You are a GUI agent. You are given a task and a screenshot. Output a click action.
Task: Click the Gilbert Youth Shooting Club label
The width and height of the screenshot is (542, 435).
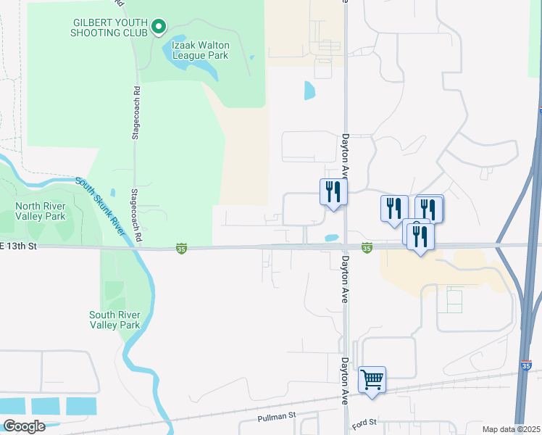click(109, 28)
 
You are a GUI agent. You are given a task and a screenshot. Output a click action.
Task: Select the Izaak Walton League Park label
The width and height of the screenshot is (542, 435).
click(199, 50)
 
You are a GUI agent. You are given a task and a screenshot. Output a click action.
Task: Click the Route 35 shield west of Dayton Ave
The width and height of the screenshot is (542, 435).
click(181, 249)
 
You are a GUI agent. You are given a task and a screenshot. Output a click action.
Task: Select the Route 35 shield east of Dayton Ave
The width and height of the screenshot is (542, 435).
click(367, 248)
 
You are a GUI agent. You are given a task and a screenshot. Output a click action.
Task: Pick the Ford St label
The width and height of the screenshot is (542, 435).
click(364, 422)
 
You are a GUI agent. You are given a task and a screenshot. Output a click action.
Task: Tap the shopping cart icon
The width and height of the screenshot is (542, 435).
click(372, 379)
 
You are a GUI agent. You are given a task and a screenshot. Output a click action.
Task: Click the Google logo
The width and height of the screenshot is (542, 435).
click(24, 426)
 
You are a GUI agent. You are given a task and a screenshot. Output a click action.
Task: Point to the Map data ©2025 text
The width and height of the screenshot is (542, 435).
click(511, 429)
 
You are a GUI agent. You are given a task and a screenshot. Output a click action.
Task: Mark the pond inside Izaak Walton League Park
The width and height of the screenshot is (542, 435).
click(192, 69)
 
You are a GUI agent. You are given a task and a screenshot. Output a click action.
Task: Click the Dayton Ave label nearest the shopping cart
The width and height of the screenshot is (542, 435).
click(345, 379)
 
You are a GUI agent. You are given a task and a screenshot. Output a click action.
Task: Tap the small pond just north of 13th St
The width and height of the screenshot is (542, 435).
click(333, 237)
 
